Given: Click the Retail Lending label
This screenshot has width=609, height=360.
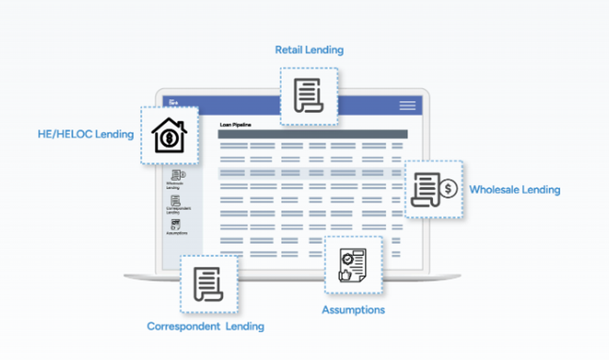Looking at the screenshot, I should click(309, 50).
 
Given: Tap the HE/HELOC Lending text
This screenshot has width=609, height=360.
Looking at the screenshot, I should click(85, 135).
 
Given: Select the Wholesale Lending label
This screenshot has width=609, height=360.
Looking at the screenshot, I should click(514, 190).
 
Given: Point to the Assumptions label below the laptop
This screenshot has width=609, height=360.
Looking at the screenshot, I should click(353, 310).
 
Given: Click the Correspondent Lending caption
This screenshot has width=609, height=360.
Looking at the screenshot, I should click(205, 326).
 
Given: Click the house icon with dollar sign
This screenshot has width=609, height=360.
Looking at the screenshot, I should click(169, 135).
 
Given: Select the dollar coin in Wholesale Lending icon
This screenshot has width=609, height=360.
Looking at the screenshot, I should click(449, 188).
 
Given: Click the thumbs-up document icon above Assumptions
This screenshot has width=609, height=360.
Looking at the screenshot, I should click(353, 265).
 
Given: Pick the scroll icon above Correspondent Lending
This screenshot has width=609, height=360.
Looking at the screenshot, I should click(209, 284).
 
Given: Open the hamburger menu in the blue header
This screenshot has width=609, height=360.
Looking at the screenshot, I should click(407, 105).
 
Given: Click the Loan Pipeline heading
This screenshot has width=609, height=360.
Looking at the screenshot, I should click(235, 125).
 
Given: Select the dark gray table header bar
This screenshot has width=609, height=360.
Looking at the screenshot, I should click(312, 134).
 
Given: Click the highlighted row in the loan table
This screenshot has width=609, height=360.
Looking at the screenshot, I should click(311, 173).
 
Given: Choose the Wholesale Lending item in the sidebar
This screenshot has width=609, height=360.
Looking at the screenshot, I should click(175, 180).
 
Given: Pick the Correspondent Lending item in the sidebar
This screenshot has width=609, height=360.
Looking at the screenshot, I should click(175, 205).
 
